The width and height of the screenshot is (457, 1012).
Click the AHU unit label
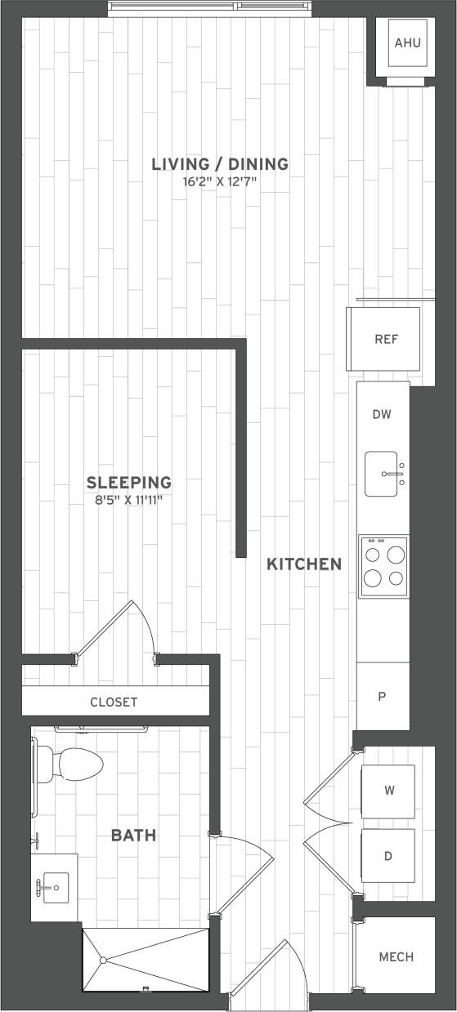[x=407, y=42]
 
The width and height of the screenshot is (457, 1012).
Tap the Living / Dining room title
[x=220, y=164]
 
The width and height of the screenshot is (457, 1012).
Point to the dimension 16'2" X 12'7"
[x=220, y=181]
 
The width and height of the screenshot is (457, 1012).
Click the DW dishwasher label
[x=382, y=414]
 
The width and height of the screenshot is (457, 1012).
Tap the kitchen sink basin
[x=381, y=474]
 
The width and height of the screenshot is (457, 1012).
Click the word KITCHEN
[x=304, y=564]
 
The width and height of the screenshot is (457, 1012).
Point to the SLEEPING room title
[x=129, y=482]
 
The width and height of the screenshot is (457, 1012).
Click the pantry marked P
[x=382, y=696]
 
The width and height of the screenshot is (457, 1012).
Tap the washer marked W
[x=388, y=790]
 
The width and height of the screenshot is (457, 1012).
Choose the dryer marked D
[x=388, y=856]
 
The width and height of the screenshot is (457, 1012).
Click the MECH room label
[x=396, y=956]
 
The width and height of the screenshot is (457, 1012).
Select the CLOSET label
[x=114, y=702]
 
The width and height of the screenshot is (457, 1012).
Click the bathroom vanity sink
[x=55, y=885]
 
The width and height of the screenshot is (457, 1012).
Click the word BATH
[x=133, y=836]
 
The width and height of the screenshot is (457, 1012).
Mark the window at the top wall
[x=210, y=8]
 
